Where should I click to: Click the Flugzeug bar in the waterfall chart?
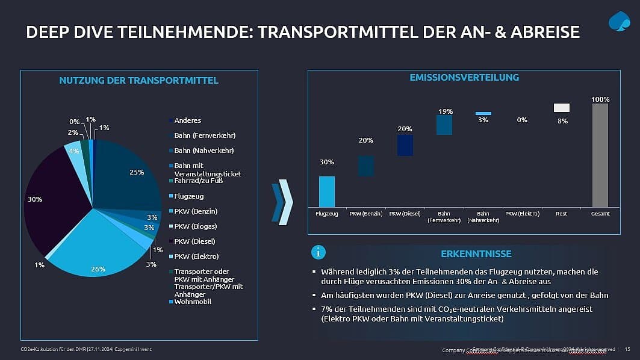(x=326, y=191)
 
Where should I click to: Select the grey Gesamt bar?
(x=600, y=155)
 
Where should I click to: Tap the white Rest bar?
(x=561, y=108)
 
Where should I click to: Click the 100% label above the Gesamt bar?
(x=600, y=99)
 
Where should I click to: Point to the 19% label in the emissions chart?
(x=446, y=111)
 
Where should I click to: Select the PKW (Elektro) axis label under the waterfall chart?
(x=522, y=214)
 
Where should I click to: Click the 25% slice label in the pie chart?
(x=137, y=172)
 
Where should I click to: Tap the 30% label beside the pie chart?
(x=35, y=199)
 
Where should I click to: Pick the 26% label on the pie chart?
(x=98, y=269)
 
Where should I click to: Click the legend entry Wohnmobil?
(x=193, y=301)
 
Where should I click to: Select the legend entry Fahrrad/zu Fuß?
(x=199, y=181)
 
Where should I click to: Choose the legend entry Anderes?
(x=187, y=120)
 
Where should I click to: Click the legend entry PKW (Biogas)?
(x=195, y=226)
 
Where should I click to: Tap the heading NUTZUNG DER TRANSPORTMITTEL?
(x=138, y=80)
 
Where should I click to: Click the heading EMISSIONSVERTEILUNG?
(x=464, y=77)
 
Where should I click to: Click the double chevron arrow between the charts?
(x=282, y=201)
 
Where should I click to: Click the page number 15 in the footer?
(x=627, y=349)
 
